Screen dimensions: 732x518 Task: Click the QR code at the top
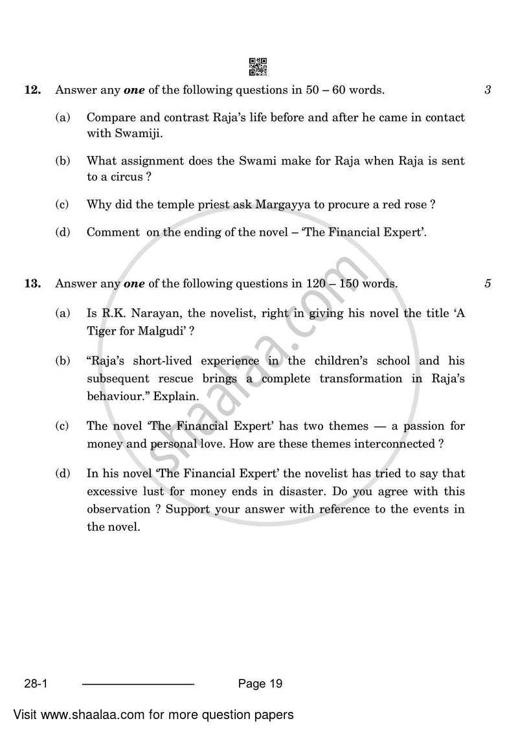point(258,67)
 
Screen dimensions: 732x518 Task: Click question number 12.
point(32,91)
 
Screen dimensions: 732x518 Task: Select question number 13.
point(32,283)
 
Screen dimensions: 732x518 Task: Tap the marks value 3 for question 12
point(488,91)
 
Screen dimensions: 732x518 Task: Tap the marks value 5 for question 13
point(488,283)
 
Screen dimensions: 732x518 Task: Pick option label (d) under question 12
point(62,232)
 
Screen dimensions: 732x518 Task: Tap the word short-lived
point(159,361)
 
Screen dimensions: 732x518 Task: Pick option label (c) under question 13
point(62,427)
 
